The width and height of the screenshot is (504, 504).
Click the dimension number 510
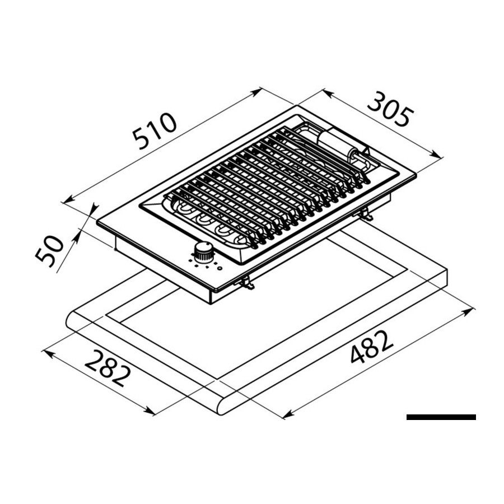pos(155,131)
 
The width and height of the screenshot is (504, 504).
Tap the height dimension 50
pos(49,251)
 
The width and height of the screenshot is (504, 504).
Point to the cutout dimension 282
pos(108,368)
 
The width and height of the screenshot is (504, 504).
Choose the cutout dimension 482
pos(371,347)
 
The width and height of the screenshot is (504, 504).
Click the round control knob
pos(203,251)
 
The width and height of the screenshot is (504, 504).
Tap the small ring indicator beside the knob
pos(220,268)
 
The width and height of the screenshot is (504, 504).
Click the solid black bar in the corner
pos(441,417)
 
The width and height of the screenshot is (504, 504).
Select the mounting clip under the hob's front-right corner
pos(247,282)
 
